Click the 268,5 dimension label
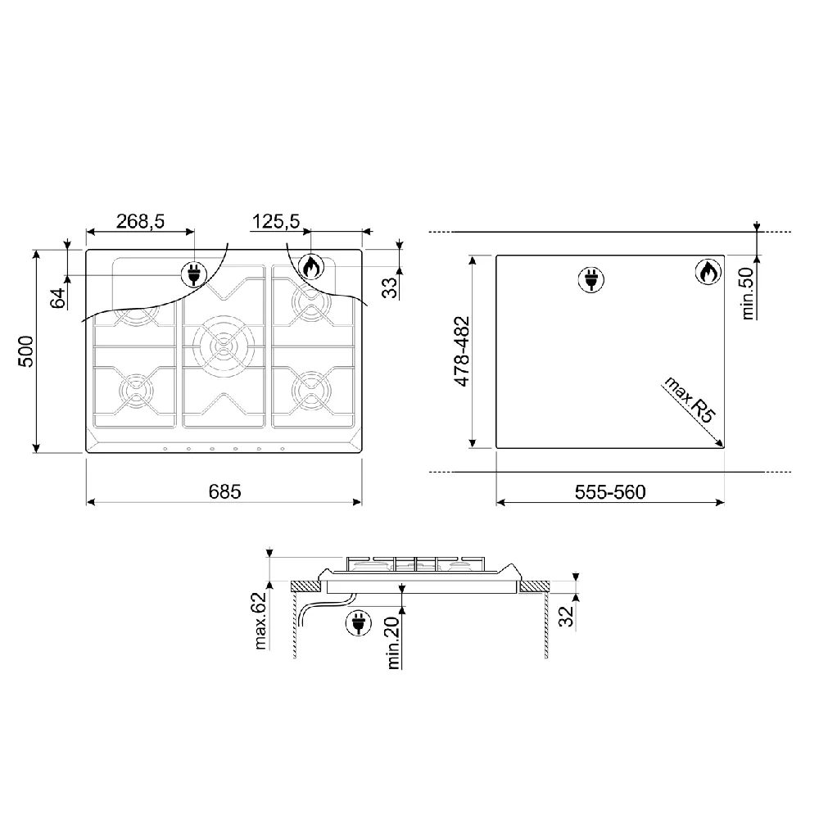(140, 221)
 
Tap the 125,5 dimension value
(276, 221)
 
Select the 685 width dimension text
(224, 491)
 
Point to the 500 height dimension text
(26, 351)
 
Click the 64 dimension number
(58, 298)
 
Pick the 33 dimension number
(390, 287)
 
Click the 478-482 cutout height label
(462, 351)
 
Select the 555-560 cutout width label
(610, 492)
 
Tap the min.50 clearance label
(748, 293)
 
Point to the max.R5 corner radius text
(690, 400)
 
